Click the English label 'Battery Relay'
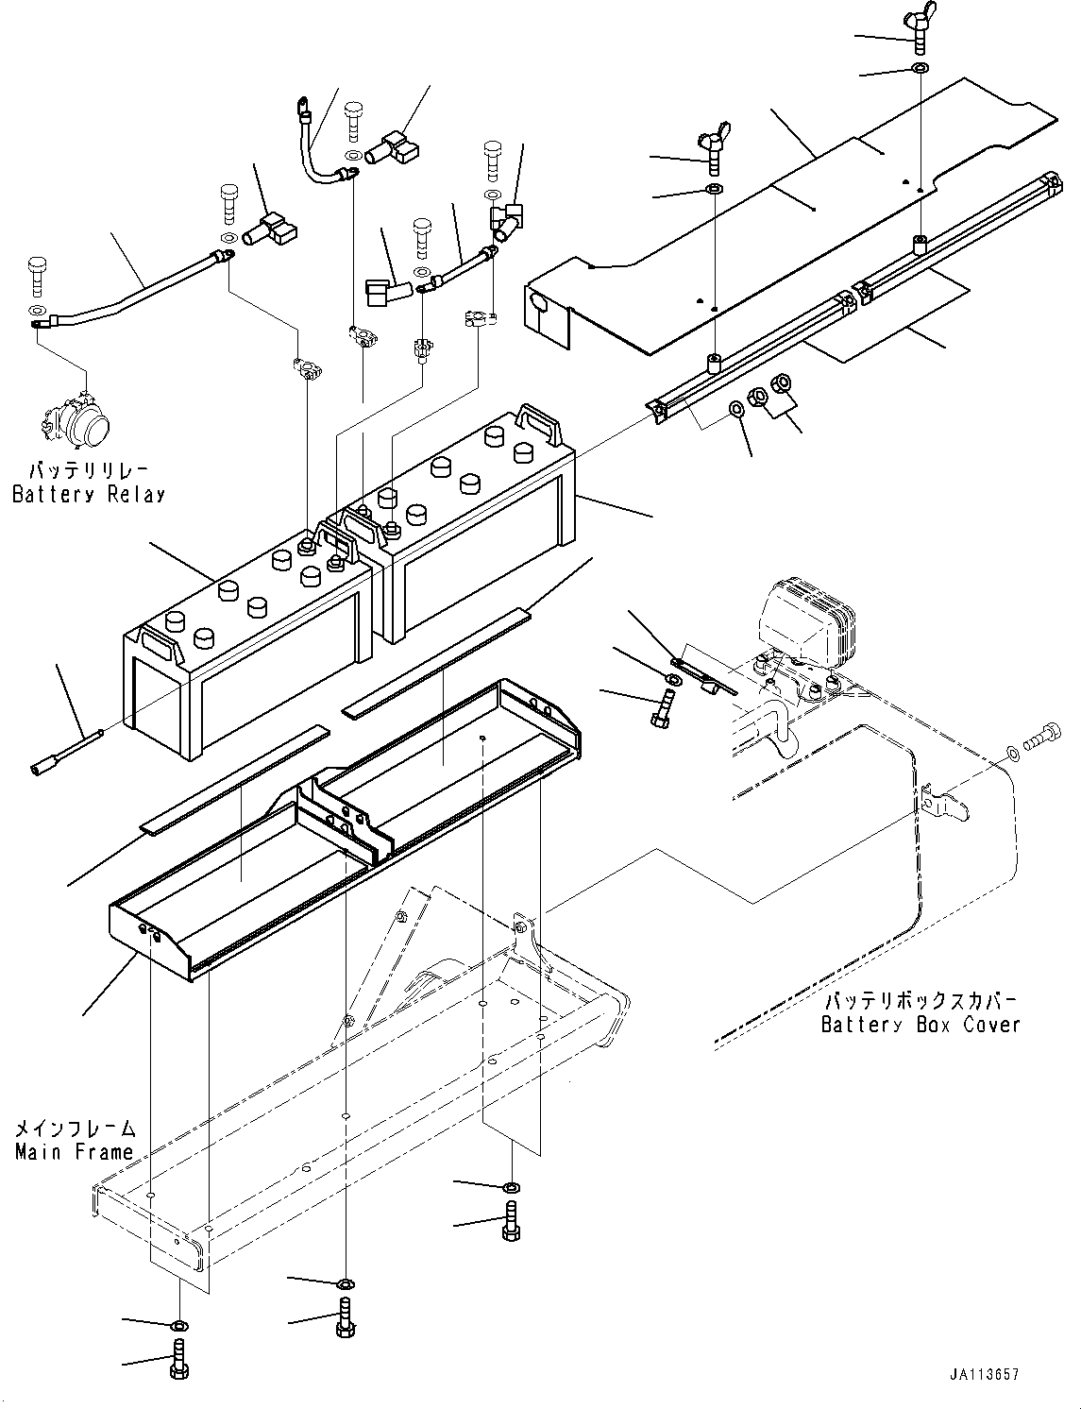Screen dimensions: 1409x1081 click(88, 494)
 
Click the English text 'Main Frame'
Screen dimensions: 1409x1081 click(74, 1152)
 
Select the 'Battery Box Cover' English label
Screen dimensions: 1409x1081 click(921, 1025)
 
